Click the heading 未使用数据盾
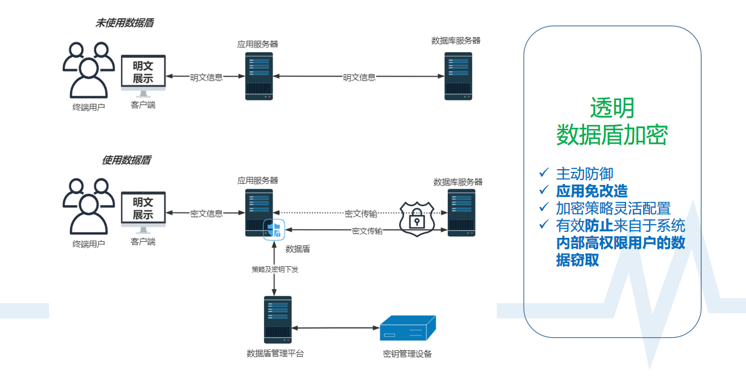pyautogui.click(x=124, y=23)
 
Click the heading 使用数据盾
pyautogui.click(x=126, y=160)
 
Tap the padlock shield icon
pyautogui.click(x=416, y=219)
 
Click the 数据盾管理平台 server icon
pyautogui.click(x=278, y=320)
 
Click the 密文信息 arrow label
pyautogui.click(x=206, y=214)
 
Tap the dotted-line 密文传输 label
pyautogui.click(x=360, y=213)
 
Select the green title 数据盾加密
pyautogui.click(x=612, y=135)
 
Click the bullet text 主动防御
pyautogui.click(x=585, y=173)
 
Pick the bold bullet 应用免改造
pyautogui.click(x=592, y=191)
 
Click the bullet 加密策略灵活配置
pyautogui.click(x=613, y=208)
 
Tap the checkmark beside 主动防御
pyautogui.click(x=544, y=173)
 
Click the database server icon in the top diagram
pyautogui.click(x=458, y=76)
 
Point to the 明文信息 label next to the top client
pyautogui.click(x=206, y=77)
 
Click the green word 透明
pyautogui.click(x=612, y=108)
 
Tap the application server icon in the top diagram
pyautogui.click(x=259, y=76)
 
